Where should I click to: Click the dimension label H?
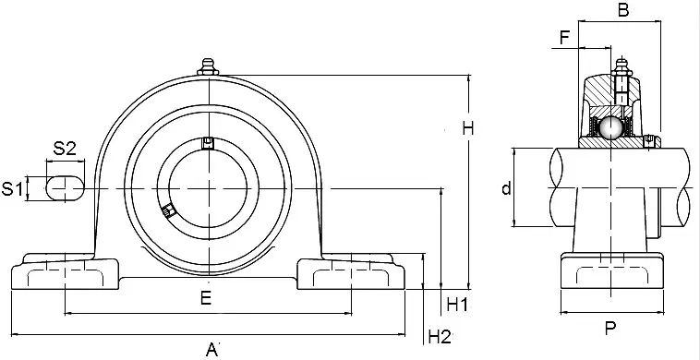[x=468, y=129]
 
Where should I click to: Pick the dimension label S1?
[x=12, y=189]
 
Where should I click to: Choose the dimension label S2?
[x=65, y=148]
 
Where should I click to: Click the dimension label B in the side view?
[x=622, y=12]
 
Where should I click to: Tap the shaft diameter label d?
[x=506, y=189]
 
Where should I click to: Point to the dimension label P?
[x=610, y=328]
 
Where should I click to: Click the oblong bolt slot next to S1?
[x=66, y=187]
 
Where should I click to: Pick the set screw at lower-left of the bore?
[x=167, y=210]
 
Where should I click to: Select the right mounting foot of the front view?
[x=351, y=271]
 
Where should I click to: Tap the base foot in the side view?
[x=610, y=271]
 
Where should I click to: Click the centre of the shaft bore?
[x=211, y=188]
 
